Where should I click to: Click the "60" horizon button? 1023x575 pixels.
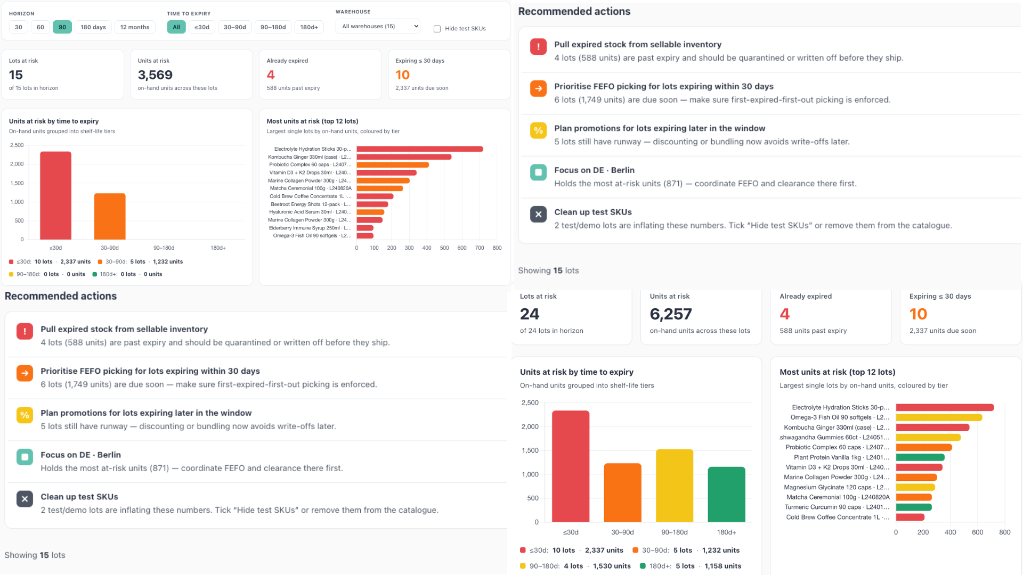[x=40, y=27]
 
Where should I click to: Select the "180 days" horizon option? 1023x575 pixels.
[x=93, y=27]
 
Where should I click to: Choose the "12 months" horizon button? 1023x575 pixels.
[x=135, y=27]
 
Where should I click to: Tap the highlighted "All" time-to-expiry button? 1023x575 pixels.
[x=176, y=27]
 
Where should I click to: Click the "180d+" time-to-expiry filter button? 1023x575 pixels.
[x=309, y=27]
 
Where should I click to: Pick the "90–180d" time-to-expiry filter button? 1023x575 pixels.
[x=273, y=27]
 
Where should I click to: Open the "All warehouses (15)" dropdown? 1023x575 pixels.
[x=378, y=26]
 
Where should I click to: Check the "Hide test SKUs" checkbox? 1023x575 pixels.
[x=437, y=29]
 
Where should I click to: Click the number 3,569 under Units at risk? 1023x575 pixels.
[x=155, y=75]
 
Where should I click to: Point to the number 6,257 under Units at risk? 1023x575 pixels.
[x=671, y=314]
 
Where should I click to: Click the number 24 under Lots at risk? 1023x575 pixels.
[x=530, y=314]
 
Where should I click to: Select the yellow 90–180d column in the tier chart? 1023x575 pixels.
[x=675, y=486]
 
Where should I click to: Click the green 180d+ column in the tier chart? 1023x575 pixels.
[x=726, y=494]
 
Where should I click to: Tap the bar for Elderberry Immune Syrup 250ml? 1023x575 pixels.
[x=365, y=228]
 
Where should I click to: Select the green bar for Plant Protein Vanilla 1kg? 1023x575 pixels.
[x=920, y=457]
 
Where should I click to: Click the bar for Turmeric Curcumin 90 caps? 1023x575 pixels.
[x=914, y=507]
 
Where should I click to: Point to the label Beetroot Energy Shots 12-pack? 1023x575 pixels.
[x=311, y=204]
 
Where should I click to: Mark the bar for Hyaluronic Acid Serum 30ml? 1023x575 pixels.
[x=370, y=212]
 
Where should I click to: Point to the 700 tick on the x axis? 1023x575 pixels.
[x=480, y=248]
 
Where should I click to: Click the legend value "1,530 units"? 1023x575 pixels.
[x=612, y=566]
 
